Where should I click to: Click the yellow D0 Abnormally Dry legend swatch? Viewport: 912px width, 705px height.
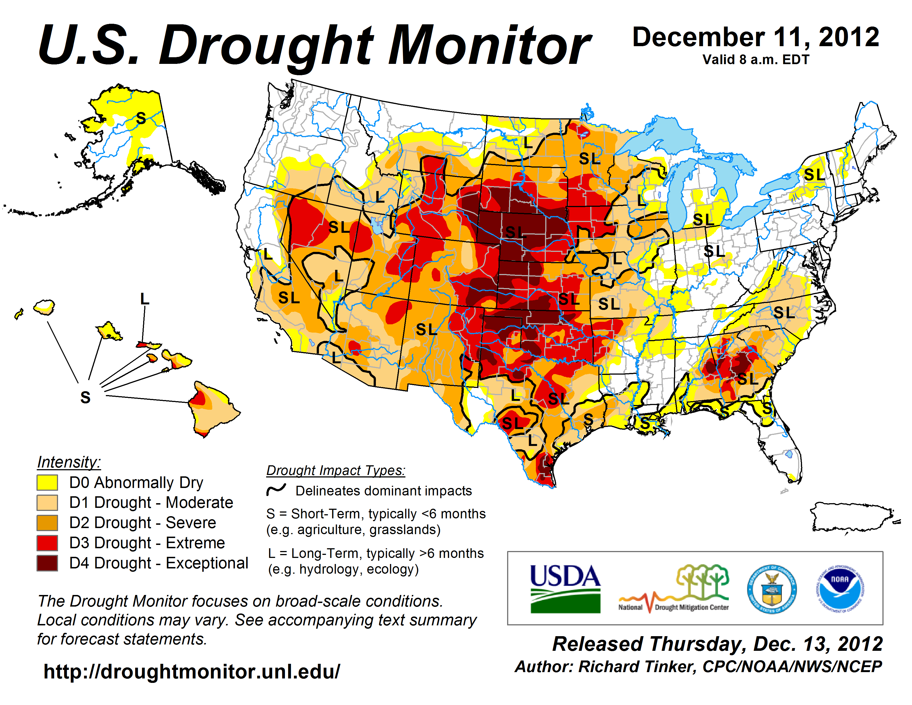click(x=47, y=482)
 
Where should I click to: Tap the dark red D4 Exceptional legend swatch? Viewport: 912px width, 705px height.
click(x=47, y=563)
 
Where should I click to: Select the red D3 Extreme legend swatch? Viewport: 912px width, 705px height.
click(x=47, y=543)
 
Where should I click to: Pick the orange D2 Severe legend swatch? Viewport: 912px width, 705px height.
click(x=47, y=523)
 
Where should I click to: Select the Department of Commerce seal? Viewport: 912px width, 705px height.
click(x=772, y=589)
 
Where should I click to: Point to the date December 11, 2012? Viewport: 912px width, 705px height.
click(x=756, y=38)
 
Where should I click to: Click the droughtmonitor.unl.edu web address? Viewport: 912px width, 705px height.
click(x=192, y=672)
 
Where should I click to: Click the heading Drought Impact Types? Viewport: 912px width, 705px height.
click(x=336, y=470)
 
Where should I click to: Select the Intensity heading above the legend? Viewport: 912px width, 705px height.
click(x=69, y=462)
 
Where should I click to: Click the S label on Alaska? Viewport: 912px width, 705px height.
click(x=141, y=119)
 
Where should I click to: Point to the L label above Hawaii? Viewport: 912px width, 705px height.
click(x=145, y=299)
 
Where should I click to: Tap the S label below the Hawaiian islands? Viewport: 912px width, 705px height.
click(x=85, y=398)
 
